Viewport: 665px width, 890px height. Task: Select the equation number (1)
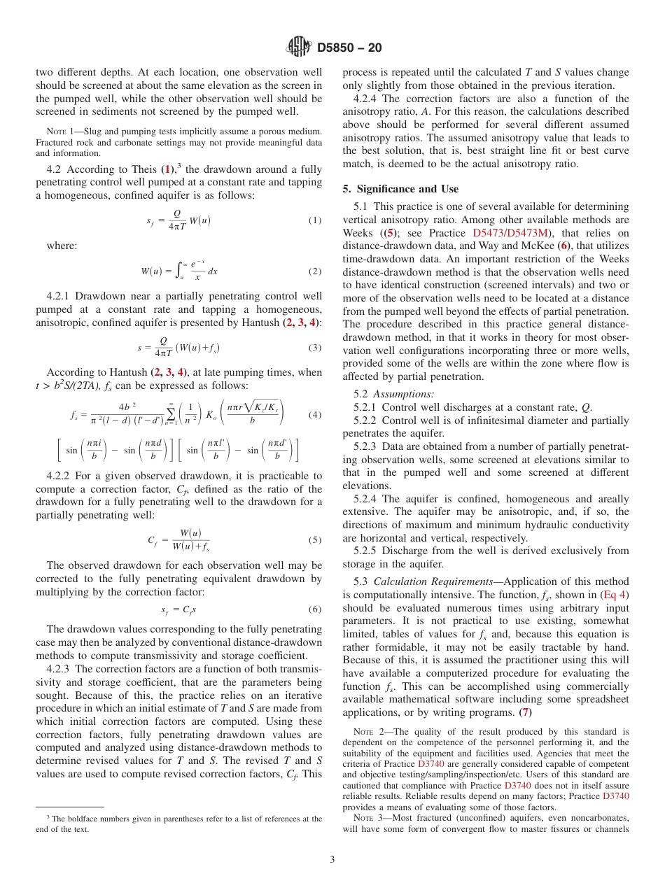coord(315,220)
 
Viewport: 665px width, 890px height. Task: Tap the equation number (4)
coord(315,414)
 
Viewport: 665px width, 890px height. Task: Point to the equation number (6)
coord(315,609)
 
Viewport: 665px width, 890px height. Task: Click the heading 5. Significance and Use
coord(400,189)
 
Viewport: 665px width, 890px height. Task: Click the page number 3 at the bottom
coord(332,860)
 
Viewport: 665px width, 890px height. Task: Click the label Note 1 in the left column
coord(59,132)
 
